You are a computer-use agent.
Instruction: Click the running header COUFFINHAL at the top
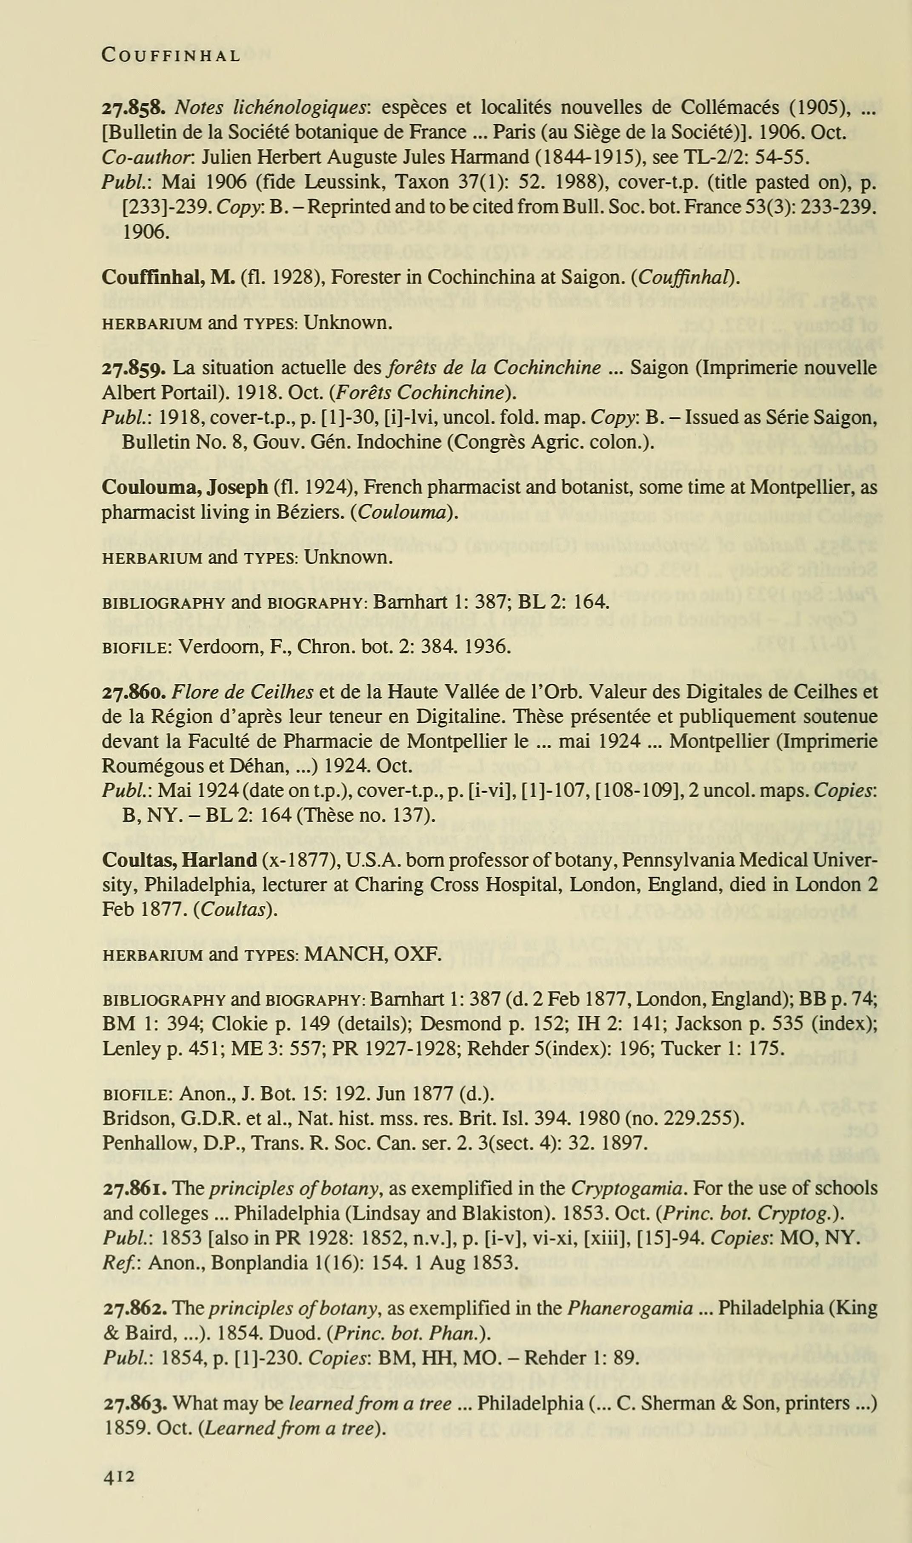171,56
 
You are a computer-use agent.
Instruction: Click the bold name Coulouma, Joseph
184,488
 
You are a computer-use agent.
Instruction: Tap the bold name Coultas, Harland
179,860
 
